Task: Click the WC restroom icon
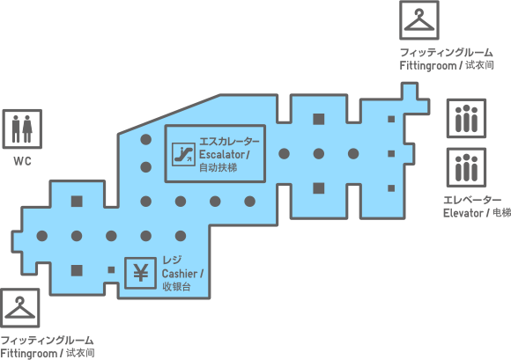coord(22,129)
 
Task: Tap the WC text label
coord(23,161)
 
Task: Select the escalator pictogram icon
coord(183,154)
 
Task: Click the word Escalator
coord(222,154)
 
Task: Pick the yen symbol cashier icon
coord(140,273)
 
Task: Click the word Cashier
coord(180,274)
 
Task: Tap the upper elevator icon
coord(466,119)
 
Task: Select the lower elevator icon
coord(466,167)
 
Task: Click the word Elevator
coord(463,213)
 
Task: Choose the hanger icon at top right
coord(419,20)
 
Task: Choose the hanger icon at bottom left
coord(20,307)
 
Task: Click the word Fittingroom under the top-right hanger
coord(428,66)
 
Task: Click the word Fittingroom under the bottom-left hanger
coord(29,354)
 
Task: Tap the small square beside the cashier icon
coord(111,270)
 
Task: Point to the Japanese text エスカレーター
coord(229,142)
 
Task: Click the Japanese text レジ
coord(172,260)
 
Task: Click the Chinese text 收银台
coord(176,287)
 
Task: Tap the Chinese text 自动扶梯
coord(218,167)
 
